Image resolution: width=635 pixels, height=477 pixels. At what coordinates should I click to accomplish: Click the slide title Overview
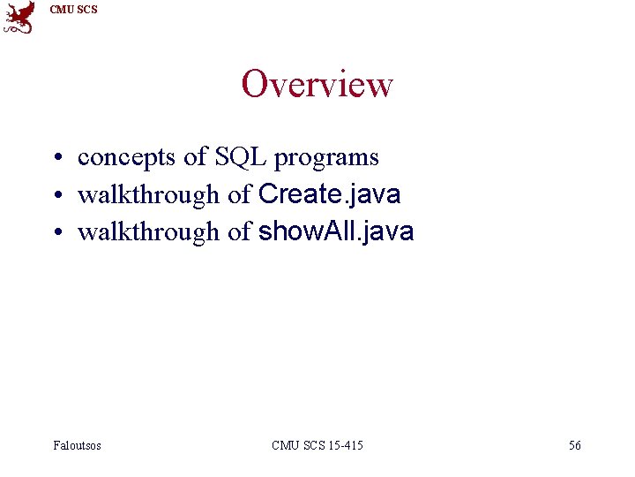coord(317,85)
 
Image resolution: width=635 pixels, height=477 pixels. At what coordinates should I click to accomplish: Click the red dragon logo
coord(19,18)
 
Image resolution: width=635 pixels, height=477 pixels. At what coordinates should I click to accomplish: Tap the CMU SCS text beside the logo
coord(73,10)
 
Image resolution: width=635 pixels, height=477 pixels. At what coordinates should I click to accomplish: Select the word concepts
coord(127,158)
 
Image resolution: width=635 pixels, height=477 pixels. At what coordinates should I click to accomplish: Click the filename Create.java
coord(329,194)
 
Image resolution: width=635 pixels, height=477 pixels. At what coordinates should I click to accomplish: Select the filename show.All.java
coord(335,231)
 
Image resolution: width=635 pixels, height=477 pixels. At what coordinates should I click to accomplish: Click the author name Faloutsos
coord(77,445)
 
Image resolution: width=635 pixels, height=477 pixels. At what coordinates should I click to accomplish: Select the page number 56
coord(574,445)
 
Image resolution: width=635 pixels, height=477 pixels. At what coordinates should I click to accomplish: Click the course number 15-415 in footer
coord(345,445)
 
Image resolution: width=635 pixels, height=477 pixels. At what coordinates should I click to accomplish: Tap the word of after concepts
coord(194,157)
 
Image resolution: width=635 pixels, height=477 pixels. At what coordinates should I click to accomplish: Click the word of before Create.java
coord(239,194)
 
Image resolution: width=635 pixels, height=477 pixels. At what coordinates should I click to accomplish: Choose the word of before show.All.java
coord(239,231)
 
